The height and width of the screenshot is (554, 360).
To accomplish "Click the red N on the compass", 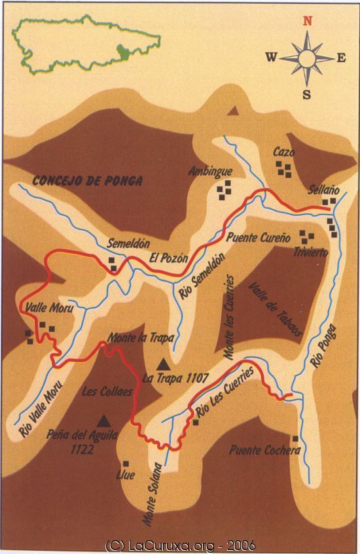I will pos(306,20).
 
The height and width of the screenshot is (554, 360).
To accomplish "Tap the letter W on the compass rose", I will pos(271,57).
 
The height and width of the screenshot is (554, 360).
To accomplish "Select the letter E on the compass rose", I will pos(341,58).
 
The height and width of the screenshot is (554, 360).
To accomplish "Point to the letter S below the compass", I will pos(306,94).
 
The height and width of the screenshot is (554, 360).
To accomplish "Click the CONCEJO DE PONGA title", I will pos(87,181).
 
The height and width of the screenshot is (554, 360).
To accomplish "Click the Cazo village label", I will pos(283,152).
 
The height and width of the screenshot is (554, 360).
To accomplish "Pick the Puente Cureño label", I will pos(258,239).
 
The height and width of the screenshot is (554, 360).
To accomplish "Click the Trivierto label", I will pos(310,252).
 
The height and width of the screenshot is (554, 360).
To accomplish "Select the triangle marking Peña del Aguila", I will pos(103,421).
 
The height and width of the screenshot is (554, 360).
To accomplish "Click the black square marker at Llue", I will pos(126,464).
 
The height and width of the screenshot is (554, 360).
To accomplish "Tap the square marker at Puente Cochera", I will pos(295,438).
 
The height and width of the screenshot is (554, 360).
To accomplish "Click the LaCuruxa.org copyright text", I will pos(180,545).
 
